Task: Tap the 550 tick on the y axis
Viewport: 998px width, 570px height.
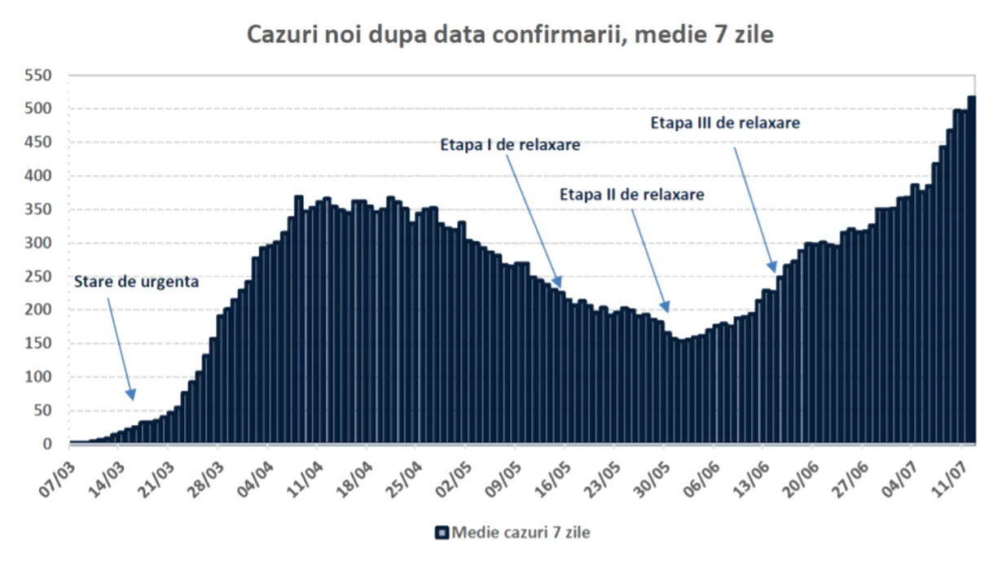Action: pos(38,76)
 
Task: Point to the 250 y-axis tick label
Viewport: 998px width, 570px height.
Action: pos(38,277)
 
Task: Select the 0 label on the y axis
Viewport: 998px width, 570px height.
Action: pos(47,445)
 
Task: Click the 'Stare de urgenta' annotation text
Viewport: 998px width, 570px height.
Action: pos(136,283)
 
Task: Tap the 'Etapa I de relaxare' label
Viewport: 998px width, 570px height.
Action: pos(510,145)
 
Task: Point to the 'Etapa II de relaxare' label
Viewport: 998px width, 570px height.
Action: pos(632,195)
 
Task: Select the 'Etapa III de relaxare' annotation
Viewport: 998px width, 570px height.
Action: pos(725,124)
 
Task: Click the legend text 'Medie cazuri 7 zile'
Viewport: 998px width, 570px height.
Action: pos(521,533)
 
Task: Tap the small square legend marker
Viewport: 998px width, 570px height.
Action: pos(442,533)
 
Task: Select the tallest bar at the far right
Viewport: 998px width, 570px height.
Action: pos(972,269)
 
